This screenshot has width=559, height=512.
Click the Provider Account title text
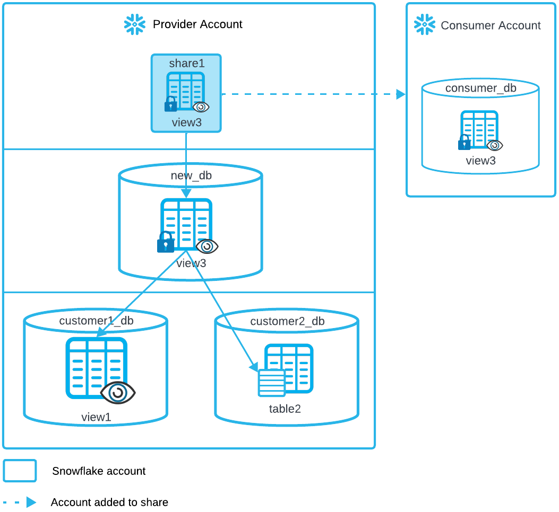click(197, 24)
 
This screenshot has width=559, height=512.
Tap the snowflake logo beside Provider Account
click(134, 24)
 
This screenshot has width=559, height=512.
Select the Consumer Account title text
click(491, 25)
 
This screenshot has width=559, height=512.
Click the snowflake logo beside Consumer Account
click(425, 25)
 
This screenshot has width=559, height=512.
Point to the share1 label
click(186, 64)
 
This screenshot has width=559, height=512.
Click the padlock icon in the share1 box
click(170, 104)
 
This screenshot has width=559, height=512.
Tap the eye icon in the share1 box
click(201, 107)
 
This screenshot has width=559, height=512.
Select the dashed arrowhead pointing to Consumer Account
click(401, 94)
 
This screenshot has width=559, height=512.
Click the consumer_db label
click(480, 88)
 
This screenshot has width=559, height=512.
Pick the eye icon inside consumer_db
click(495, 145)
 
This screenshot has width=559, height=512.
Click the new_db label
click(191, 176)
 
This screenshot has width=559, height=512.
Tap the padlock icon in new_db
click(166, 243)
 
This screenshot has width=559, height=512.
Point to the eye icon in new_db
click(207, 246)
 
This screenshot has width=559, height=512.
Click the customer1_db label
click(96, 321)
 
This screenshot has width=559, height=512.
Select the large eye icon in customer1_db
click(118, 393)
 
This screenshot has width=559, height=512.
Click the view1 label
click(96, 417)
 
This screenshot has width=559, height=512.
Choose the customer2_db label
click(287, 321)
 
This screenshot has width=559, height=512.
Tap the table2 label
click(285, 409)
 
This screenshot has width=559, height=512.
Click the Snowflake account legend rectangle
click(20, 471)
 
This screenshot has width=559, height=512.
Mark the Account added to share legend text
click(109, 502)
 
